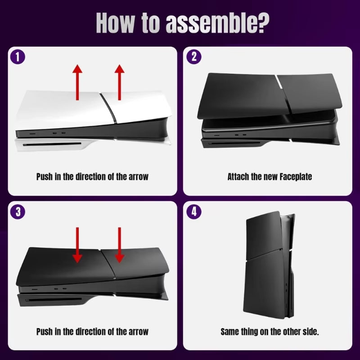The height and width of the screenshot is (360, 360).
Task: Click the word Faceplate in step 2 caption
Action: [295, 176]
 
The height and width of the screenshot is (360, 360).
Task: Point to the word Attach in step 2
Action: [238, 176]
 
